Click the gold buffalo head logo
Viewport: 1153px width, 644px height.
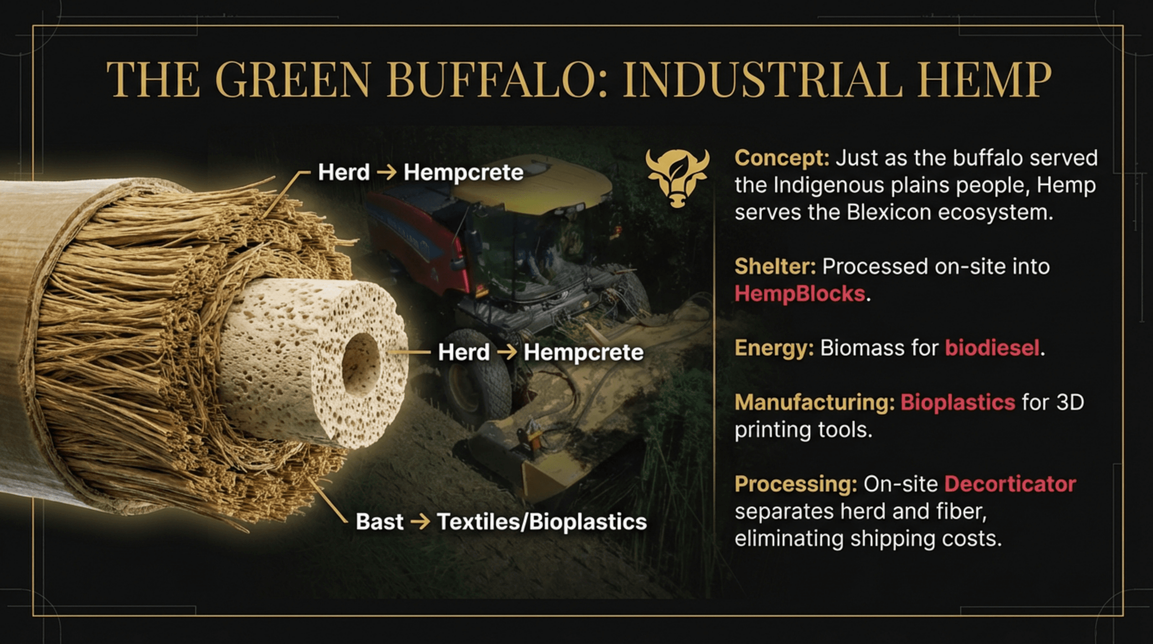[x=677, y=178]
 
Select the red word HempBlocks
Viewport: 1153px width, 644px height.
[x=799, y=294]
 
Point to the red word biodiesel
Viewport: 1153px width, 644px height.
[x=992, y=348]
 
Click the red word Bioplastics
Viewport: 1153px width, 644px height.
[x=957, y=402]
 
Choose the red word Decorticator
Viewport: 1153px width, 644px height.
[x=1010, y=484]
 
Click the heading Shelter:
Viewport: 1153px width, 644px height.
[x=775, y=267]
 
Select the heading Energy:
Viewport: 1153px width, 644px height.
[x=774, y=348]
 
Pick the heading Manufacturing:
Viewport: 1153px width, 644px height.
[x=814, y=402]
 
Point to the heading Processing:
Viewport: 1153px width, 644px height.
[x=795, y=484]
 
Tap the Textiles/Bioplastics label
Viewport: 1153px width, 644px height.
[x=542, y=522]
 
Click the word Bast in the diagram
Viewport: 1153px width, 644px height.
[x=380, y=522]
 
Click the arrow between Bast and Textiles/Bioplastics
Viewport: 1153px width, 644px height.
[x=420, y=522]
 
